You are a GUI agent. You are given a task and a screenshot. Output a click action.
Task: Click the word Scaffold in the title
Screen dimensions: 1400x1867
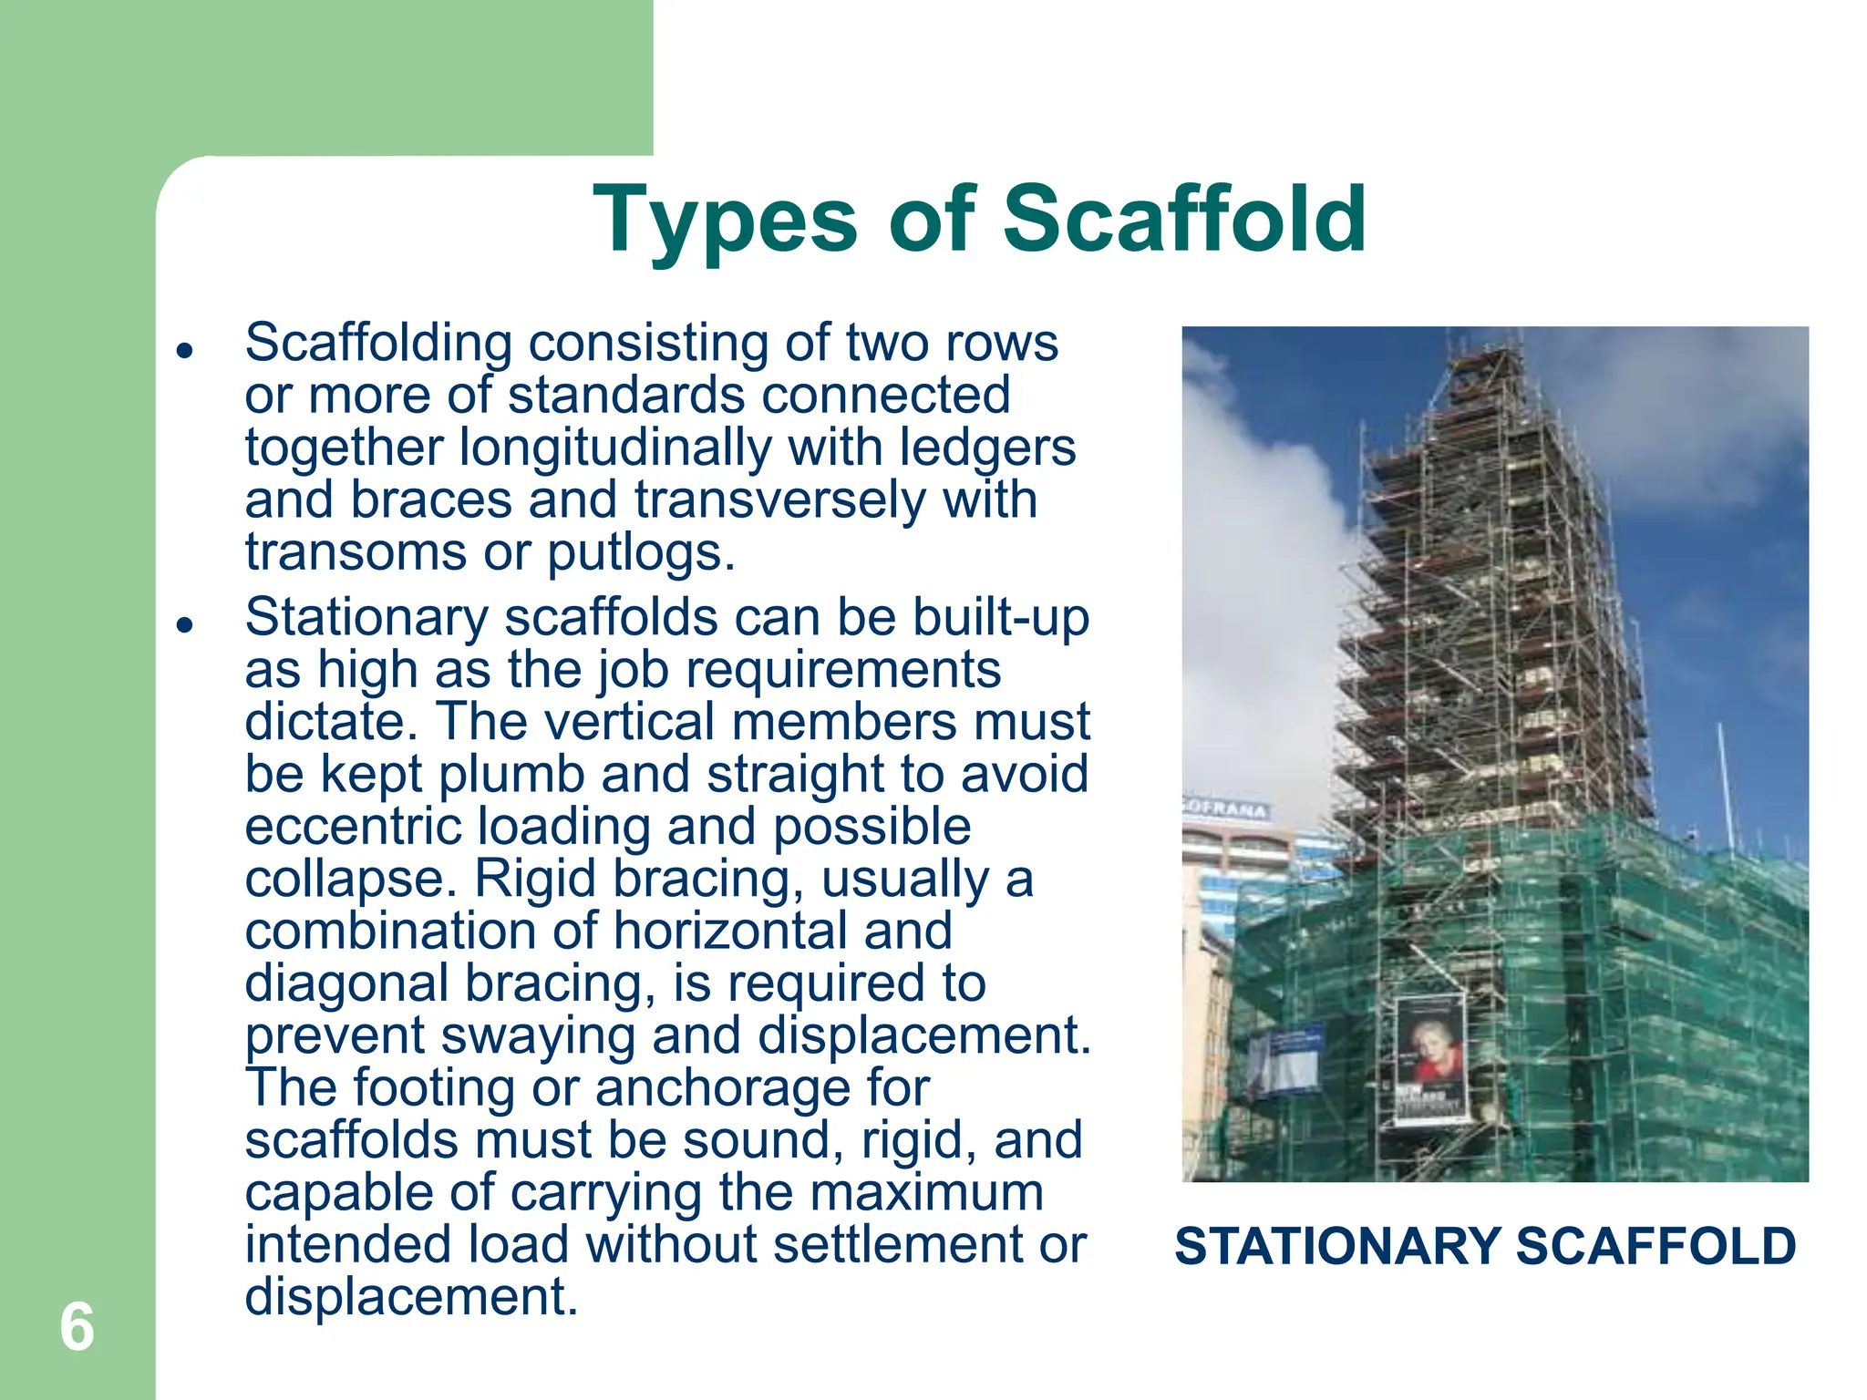[x=1184, y=219]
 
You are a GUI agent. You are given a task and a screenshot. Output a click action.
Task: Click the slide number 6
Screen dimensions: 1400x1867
[x=77, y=1326]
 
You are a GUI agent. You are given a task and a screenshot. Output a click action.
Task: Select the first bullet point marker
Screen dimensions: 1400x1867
[x=185, y=350]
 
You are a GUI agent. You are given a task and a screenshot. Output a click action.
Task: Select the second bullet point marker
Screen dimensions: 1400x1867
[x=185, y=624]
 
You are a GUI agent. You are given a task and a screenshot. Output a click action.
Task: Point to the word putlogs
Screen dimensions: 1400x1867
[x=640, y=552]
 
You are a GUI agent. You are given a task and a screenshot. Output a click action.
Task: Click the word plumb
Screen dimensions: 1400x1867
[x=511, y=775]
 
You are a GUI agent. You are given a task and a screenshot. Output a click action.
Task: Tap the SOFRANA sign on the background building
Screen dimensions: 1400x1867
[x=1226, y=808]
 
